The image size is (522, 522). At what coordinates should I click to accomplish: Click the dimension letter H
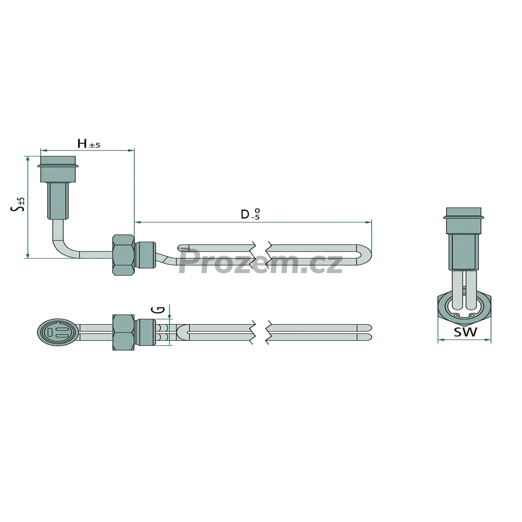(x=82, y=144)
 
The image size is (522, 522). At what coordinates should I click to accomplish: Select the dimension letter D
(x=245, y=215)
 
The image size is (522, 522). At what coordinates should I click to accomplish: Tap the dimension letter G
(x=160, y=309)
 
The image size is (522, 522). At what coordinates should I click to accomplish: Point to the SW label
(x=465, y=332)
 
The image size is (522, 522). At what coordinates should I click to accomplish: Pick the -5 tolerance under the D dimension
(x=255, y=217)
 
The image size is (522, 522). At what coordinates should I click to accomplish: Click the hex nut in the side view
(x=123, y=255)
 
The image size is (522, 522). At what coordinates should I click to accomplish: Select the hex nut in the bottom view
(x=123, y=332)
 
